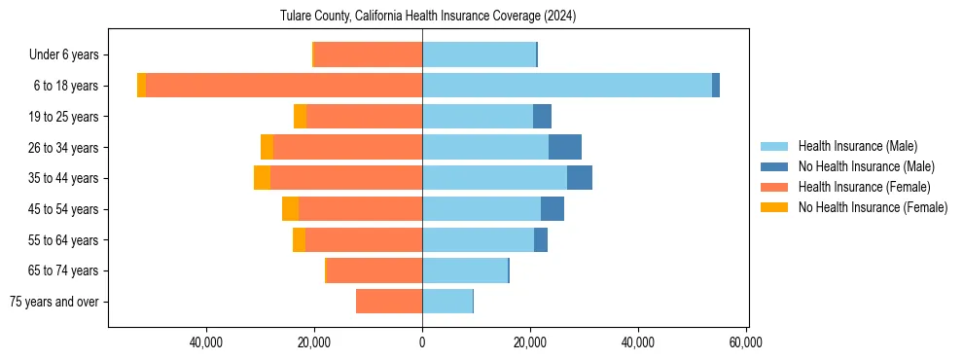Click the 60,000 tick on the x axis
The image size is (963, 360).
(745, 342)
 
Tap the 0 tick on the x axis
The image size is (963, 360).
(422, 342)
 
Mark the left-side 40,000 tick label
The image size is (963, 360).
(206, 342)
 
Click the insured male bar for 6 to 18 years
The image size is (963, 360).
(567, 86)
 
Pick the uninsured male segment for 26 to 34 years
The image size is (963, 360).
(565, 147)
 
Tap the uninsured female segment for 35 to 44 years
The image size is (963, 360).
(262, 178)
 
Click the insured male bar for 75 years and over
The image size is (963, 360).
(447, 302)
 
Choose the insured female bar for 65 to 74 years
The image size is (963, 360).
(374, 270)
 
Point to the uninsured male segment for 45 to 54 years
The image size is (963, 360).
(553, 209)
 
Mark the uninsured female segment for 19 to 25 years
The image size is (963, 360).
(300, 117)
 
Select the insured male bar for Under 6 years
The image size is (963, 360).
(479, 54)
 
